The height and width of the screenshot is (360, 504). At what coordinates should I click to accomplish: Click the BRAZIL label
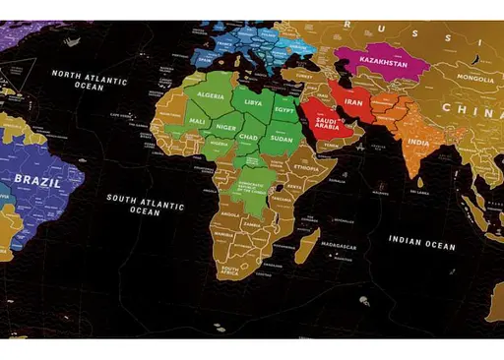coord(36,182)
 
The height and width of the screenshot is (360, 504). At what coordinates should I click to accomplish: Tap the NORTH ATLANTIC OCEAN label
coord(91,80)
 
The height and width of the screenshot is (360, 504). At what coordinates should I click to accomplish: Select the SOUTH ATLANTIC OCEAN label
coord(145,204)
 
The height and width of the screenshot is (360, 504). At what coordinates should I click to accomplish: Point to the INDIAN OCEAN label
coord(421,243)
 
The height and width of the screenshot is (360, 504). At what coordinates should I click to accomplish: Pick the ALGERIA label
coord(213,95)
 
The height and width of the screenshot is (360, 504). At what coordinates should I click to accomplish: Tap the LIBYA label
coord(253,102)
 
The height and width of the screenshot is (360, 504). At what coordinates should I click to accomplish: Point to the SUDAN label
coord(283,139)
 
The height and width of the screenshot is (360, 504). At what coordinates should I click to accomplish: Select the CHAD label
coord(248,137)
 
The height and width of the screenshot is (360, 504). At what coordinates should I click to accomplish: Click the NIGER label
coord(226,126)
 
